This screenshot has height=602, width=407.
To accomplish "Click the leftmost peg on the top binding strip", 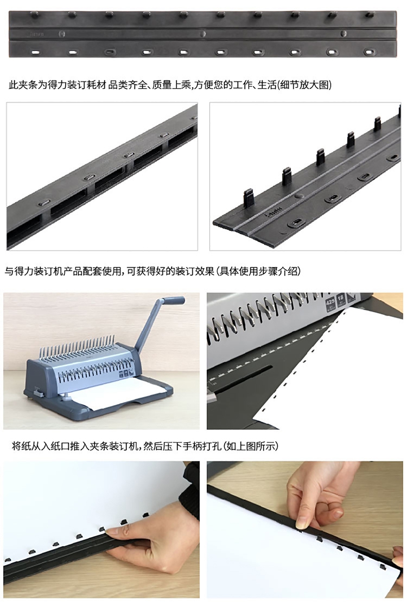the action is tap(34, 15).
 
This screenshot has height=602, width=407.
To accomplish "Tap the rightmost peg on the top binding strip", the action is tap(370, 15).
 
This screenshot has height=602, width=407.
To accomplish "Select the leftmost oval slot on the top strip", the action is tap(35, 52).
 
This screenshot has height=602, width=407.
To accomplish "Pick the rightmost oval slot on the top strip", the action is tap(369, 51).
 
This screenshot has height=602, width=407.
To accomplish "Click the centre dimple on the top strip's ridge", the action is tap(202, 34).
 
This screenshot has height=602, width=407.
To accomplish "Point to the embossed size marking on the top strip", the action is tap(37, 34).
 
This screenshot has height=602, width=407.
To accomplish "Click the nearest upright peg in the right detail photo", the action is tap(249, 198).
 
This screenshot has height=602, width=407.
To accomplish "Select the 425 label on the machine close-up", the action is tap(330, 304).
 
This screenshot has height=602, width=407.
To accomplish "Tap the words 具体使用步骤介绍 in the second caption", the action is tap(259, 271).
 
